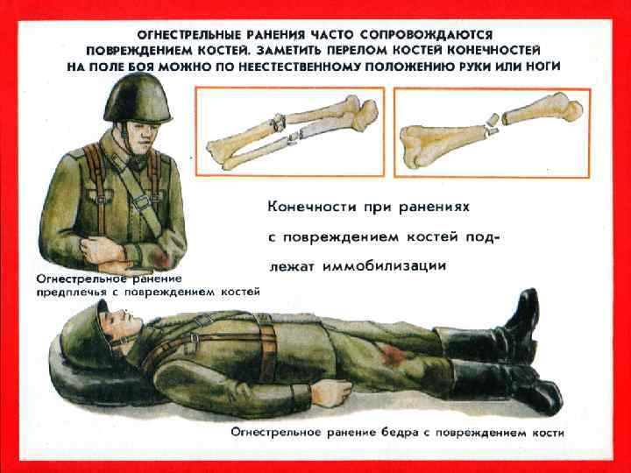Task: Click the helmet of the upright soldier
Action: (138, 98)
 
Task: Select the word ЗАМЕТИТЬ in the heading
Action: (287, 51)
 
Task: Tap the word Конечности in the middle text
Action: (312, 208)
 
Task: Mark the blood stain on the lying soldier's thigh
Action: (393, 355)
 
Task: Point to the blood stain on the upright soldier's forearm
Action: (161, 259)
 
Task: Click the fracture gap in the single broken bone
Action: (492, 124)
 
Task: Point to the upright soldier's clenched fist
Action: (101, 250)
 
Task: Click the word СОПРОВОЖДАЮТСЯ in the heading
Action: (427, 35)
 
